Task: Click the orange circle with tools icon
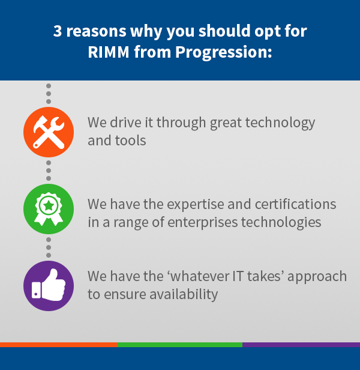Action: click(49, 132)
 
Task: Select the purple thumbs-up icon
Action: click(49, 286)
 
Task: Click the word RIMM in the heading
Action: click(109, 52)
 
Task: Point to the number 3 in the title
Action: click(58, 31)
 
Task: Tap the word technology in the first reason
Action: click(280, 123)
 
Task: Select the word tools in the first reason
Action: click(130, 141)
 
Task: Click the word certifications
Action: click(295, 204)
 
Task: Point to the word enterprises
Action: click(203, 223)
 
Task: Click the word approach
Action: click(317, 277)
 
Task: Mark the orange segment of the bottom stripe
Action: click(58, 345)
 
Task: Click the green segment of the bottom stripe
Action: click(179, 345)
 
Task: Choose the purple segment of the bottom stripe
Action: click(301, 345)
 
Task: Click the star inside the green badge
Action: click(49, 206)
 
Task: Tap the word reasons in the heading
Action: click(97, 31)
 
